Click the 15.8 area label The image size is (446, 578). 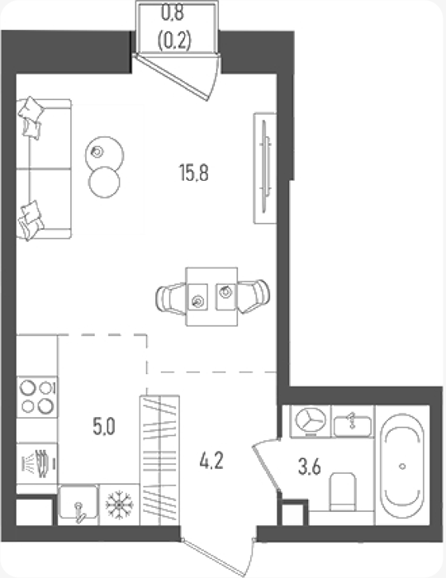[x=194, y=173]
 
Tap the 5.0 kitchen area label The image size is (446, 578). [x=104, y=427]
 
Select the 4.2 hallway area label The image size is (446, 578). [x=211, y=461]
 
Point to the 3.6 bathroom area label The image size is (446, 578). [x=309, y=467]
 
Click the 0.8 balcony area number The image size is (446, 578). [x=173, y=13]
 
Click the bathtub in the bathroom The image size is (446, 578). [x=402, y=466]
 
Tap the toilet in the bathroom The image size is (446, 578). [x=343, y=492]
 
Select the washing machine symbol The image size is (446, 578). [x=311, y=421]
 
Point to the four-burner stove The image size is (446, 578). [x=37, y=396]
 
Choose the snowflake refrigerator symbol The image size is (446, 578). [x=120, y=505]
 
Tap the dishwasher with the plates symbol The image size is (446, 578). [x=37, y=463]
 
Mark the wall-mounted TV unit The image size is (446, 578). [x=265, y=168]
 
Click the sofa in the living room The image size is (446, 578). [x=44, y=168]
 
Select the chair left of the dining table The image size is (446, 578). [x=171, y=298]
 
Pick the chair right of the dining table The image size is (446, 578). [x=253, y=296]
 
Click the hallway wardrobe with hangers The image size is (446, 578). [x=159, y=460]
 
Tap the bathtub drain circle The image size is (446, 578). [x=402, y=467]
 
